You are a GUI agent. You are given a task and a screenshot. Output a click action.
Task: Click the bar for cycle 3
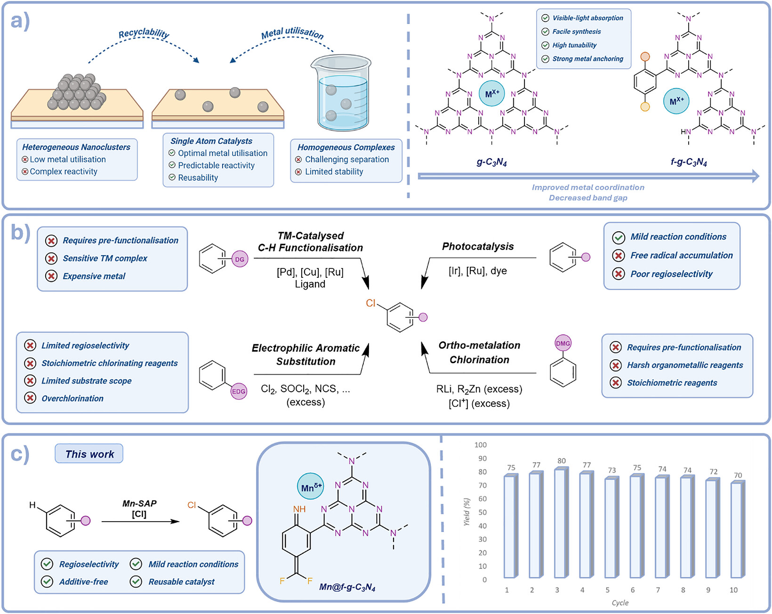pyautogui.click(x=561, y=523)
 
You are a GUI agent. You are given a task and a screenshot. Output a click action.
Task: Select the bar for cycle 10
pyautogui.click(x=738, y=529)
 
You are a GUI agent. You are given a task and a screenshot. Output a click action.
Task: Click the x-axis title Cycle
pyautogui.click(x=620, y=603)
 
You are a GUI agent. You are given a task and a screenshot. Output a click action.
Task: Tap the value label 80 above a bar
pyautogui.click(x=562, y=460)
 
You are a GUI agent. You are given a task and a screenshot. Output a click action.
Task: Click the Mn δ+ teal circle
pyautogui.click(x=310, y=486)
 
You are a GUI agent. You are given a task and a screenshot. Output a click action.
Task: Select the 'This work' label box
pyautogui.click(x=89, y=453)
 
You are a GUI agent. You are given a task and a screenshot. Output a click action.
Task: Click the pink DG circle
pyautogui.click(x=240, y=259)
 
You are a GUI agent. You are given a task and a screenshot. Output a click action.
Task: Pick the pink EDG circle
pyautogui.click(x=239, y=391)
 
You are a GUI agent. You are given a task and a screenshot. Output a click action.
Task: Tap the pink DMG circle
pyautogui.click(x=563, y=343)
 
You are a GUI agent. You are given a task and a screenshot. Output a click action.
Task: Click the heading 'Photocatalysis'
pyautogui.click(x=478, y=247)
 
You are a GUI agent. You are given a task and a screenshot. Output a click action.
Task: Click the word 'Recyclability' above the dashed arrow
pyautogui.click(x=144, y=33)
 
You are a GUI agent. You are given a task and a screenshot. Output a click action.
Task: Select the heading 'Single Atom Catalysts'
pyautogui.click(x=211, y=141)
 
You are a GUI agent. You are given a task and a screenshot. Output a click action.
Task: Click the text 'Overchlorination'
pyautogui.click(x=72, y=398)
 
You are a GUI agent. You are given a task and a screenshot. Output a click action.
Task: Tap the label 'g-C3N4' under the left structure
pyautogui.click(x=491, y=162)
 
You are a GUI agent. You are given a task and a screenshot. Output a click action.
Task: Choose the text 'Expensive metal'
pyautogui.click(x=94, y=276)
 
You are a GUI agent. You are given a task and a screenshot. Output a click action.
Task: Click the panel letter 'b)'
pyautogui.click(x=20, y=233)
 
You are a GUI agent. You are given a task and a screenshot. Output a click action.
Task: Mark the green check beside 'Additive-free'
pyautogui.click(x=47, y=582)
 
